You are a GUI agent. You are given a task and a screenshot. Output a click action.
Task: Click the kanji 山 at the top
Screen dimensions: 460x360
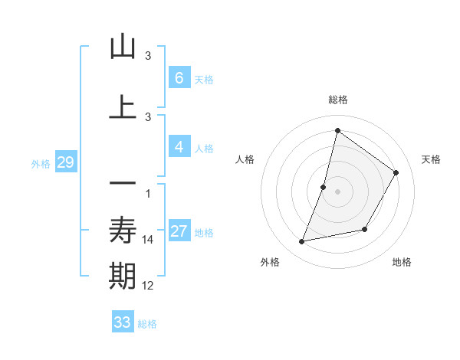(x=123, y=47)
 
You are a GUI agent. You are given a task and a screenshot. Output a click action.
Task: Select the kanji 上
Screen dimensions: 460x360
(x=123, y=106)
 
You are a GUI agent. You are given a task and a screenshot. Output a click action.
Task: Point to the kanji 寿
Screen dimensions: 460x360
(x=123, y=229)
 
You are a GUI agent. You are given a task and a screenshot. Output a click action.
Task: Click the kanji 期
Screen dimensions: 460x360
(x=123, y=277)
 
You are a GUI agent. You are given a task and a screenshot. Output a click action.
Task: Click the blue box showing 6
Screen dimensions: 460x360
(x=179, y=77)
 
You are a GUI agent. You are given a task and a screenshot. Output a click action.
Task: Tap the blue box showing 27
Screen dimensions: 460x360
(x=179, y=231)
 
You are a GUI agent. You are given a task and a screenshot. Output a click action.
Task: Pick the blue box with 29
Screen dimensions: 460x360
(x=65, y=162)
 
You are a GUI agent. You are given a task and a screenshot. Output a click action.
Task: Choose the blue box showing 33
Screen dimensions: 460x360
(x=123, y=322)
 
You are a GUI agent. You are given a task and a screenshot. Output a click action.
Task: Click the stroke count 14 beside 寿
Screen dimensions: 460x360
(x=148, y=240)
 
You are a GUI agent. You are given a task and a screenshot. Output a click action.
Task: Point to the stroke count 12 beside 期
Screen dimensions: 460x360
(x=148, y=286)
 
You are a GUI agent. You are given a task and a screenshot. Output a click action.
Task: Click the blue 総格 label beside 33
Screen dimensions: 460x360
(x=148, y=324)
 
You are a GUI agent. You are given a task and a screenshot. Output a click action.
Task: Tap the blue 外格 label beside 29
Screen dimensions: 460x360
(x=41, y=163)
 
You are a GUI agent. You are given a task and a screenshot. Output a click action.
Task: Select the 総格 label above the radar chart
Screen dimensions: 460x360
(x=337, y=100)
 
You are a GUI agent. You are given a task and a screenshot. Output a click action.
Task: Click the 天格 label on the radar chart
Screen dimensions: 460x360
(x=431, y=159)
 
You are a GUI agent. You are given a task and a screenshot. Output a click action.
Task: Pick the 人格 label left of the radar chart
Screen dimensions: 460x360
(x=245, y=159)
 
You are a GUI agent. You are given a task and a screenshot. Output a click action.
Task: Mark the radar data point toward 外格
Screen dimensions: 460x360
(x=302, y=242)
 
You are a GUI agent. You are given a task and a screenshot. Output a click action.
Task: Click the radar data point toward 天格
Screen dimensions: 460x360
(x=396, y=172)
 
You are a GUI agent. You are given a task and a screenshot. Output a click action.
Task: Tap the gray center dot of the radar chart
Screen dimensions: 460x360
(x=338, y=191)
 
